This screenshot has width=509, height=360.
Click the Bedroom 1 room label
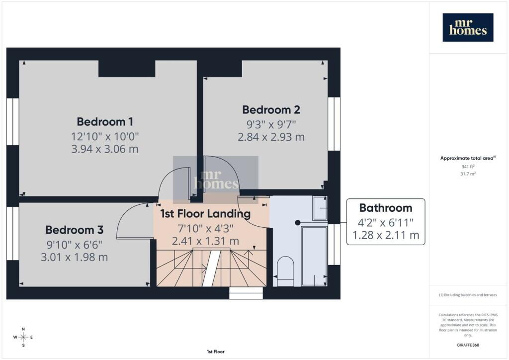pyautogui.click(x=105, y=122)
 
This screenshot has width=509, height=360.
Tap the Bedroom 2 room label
pyautogui.click(x=271, y=110)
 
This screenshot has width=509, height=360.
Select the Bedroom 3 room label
pyautogui.click(x=75, y=230)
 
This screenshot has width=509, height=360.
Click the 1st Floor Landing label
pyautogui.click(x=205, y=214)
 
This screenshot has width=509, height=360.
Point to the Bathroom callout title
pyautogui.click(x=386, y=208)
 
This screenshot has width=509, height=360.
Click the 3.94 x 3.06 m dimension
pyautogui.click(x=105, y=149)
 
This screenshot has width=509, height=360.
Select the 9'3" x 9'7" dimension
pyautogui.click(x=271, y=124)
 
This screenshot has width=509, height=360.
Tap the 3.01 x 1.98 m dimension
pyautogui.click(x=75, y=257)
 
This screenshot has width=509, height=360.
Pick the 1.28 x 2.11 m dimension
pyautogui.click(x=386, y=235)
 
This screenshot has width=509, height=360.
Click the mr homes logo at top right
pyautogui.click(x=468, y=27)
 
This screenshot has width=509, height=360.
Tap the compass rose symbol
pyautogui.click(x=23, y=337)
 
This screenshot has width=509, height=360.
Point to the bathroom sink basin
pyautogui.click(x=320, y=208)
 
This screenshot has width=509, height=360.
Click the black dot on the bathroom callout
pyautogui.click(x=297, y=223)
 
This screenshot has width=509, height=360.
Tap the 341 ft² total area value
pyautogui.click(x=468, y=167)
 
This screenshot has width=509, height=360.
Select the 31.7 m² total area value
pyautogui.click(x=468, y=174)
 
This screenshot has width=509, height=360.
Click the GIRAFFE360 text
pyautogui.click(x=468, y=345)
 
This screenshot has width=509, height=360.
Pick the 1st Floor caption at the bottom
pyautogui.click(x=216, y=352)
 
